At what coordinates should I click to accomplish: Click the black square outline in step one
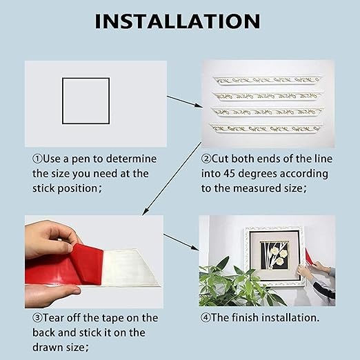coord(86,101)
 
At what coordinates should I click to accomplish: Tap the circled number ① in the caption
coord(38,159)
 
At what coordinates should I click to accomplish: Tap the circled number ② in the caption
coord(206,159)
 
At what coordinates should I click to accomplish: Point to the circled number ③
coord(38,318)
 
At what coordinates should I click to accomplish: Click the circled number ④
coord(206,318)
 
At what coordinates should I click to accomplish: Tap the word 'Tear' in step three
coord(59,318)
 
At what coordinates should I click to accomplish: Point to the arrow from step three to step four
coord(181,242)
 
